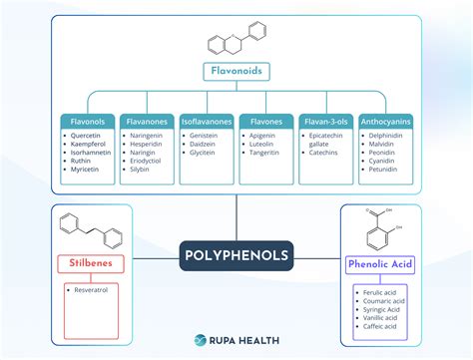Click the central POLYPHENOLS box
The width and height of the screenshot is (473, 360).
coord(236,255)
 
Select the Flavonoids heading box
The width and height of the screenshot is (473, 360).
coord(236,72)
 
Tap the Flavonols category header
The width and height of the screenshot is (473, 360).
coord(88,122)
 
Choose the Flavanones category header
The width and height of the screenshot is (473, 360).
coord(148,122)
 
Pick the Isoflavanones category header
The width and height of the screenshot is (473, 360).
coord(208,122)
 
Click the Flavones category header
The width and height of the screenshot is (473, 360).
coord(265,122)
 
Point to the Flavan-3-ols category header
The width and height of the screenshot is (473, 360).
coord(326,122)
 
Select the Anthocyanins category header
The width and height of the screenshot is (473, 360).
coord(385,122)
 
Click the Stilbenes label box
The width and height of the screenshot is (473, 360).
coord(91,265)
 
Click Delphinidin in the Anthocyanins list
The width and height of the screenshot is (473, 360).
coord(386,137)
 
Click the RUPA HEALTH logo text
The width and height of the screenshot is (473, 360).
coord(245,339)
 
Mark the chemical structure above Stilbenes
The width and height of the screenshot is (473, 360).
coord(91,231)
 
